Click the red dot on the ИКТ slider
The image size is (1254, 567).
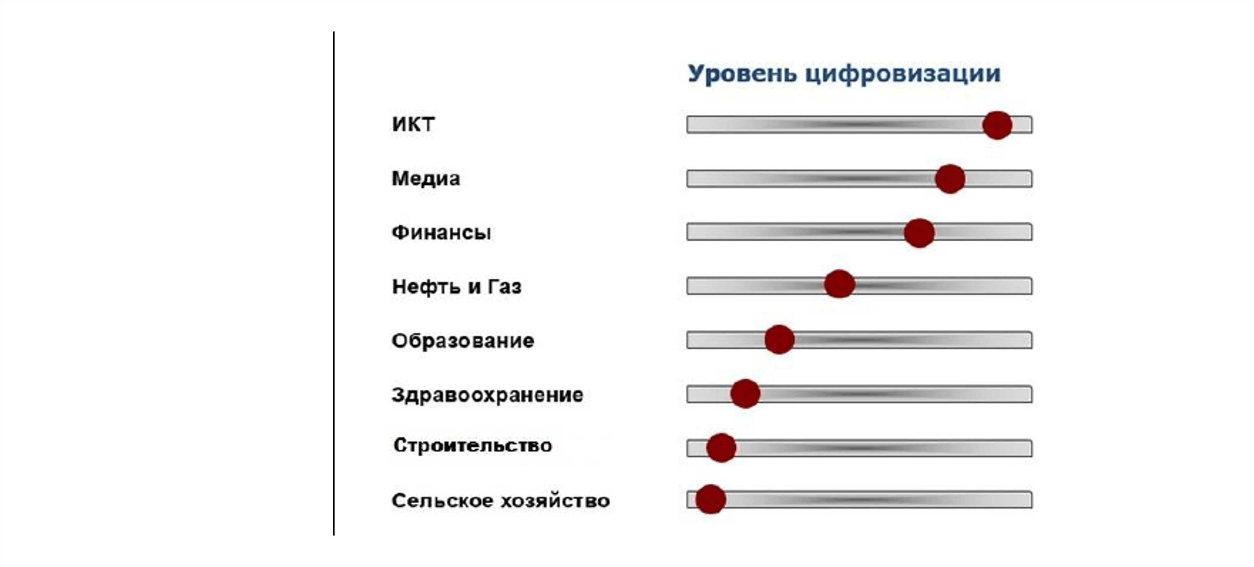pyautogui.click(x=997, y=125)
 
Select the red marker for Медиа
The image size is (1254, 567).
pyautogui.click(x=950, y=179)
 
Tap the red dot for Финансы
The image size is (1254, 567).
pyautogui.click(x=919, y=233)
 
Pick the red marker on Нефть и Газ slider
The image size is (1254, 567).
pyautogui.click(x=839, y=283)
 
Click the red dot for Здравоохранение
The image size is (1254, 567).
pyautogui.click(x=745, y=393)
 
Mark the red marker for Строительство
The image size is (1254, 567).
pyautogui.click(x=721, y=447)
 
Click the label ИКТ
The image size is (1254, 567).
pyautogui.click(x=413, y=124)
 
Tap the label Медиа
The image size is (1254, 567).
pyautogui.click(x=426, y=178)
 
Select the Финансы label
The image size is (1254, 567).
pyautogui.click(x=441, y=232)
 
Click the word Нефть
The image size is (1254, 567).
pyautogui.click(x=426, y=287)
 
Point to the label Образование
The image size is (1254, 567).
pyautogui.click(x=462, y=340)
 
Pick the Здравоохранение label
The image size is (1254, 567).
pyautogui.click(x=487, y=395)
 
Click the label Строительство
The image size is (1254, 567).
pyautogui.click(x=473, y=445)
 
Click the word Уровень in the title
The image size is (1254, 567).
pyautogui.click(x=742, y=74)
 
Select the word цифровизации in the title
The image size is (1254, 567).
pyautogui.click(x=903, y=74)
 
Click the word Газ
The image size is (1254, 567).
pyautogui.click(x=505, y=287)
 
